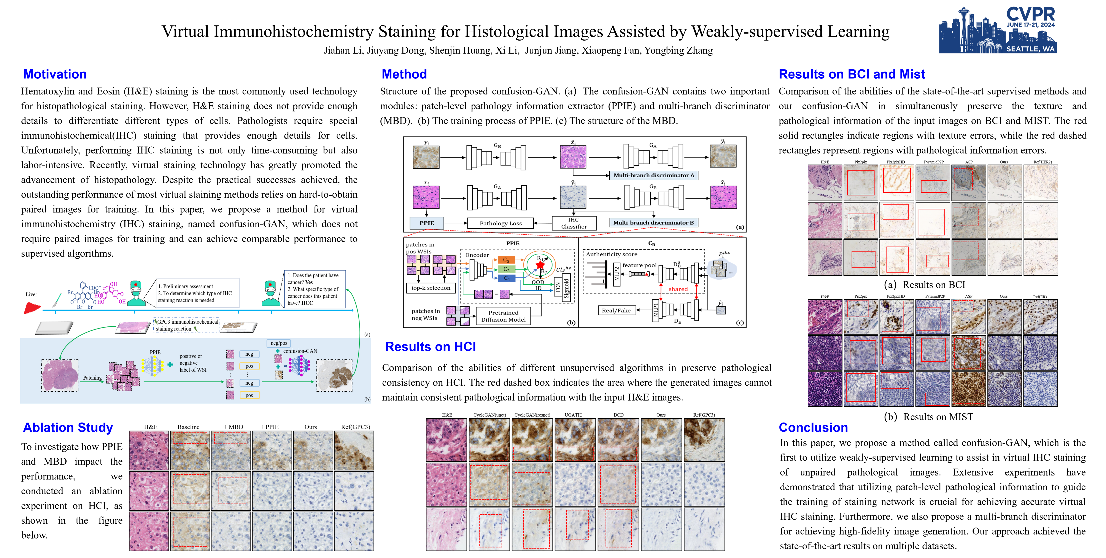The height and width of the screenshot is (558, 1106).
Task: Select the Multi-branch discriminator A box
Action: tap(653, 175)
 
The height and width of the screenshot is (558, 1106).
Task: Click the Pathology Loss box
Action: tap(501, 223)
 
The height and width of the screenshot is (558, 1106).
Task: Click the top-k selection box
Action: tap(431, 288)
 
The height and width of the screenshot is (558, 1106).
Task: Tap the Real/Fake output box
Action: tap(616, 310)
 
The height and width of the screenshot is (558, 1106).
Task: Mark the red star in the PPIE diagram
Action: tap(540, 265)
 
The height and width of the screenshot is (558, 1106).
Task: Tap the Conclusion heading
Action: tap(813, 428)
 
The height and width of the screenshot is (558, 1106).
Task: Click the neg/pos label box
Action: tap(279, 343)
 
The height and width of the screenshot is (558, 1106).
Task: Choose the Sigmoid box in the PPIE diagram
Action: tap(566, 288)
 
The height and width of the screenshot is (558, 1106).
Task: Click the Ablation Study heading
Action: tap(68, 428)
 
